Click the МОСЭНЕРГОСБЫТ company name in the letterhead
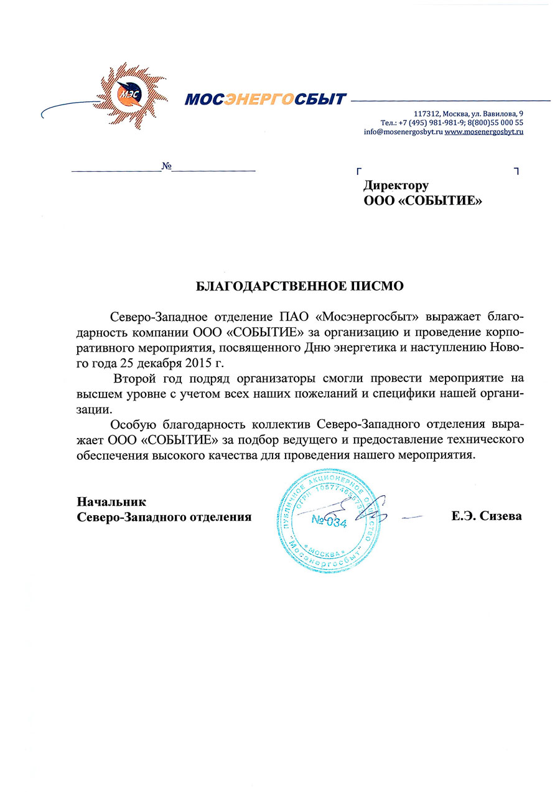coord(265,99)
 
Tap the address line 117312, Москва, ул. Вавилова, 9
coord(469,113)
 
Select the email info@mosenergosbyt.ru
coord(403,132)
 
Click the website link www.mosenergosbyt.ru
coord(484,132)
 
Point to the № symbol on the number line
coord(166,166)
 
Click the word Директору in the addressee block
coord(396,185)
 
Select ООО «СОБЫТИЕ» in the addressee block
coord(422,200)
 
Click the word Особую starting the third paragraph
coord(132,426)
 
